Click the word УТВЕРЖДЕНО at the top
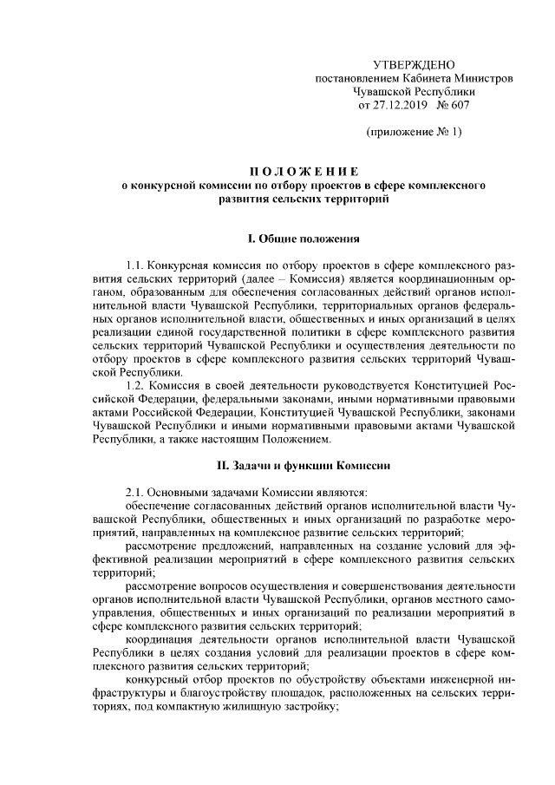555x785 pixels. tap(413, 65)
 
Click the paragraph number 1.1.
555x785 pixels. tap(135, 264)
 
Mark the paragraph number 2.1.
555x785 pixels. tap(135, 491)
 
